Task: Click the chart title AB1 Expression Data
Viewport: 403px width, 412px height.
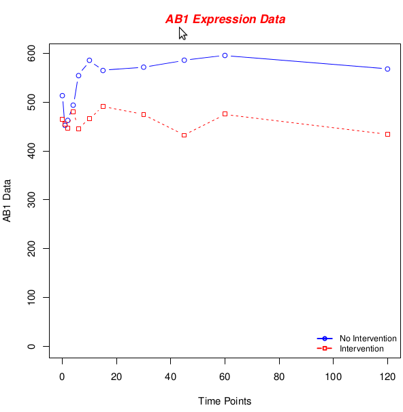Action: tap(225, 19)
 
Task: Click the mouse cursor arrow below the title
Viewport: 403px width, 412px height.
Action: tap(182, 33)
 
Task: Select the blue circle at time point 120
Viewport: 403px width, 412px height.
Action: tap(387, 69)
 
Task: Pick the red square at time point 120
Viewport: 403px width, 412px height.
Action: tap(387, 134)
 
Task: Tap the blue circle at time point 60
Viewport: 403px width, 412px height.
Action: tap(225, 56)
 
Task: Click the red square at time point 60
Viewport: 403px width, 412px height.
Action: tap(225, 114)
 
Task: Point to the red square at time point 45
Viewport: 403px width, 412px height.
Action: tap(184, 135)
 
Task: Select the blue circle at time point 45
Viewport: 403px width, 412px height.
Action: tap(184, 61)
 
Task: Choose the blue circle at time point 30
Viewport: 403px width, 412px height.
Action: tap(144, 67)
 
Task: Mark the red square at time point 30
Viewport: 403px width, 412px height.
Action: tap(144, 115)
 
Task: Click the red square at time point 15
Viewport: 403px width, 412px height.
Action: tap(103, 107)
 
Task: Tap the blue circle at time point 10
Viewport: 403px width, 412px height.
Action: tap(89, 61)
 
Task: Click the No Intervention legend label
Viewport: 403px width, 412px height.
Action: tap(368, 339)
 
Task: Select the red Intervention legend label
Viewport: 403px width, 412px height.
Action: tap(361, 349)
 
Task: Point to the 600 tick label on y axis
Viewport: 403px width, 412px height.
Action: tap(31, 53)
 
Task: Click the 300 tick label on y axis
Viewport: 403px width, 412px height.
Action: tap(31, 200)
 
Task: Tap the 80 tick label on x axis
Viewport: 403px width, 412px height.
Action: tap(279, 377)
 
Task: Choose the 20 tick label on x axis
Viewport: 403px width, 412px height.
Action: tap(116, 377)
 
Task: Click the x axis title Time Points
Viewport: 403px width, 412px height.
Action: tap(225, 401)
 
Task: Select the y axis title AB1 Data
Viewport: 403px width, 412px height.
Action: tap(7, 201)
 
